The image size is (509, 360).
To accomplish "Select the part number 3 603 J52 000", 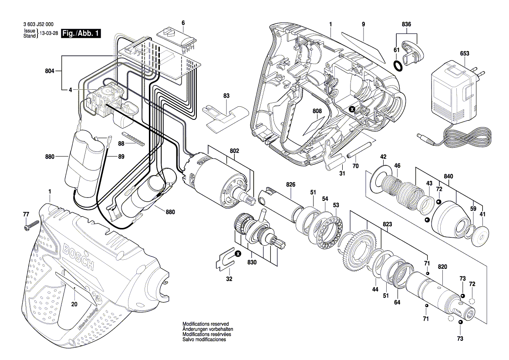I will coord(37,25).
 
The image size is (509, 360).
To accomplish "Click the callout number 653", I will coord(465,53).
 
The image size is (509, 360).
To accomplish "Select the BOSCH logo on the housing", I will coord(78,257).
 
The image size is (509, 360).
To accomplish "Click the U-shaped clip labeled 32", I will coord(225,258).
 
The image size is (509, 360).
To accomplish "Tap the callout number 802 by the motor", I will coord(235,150).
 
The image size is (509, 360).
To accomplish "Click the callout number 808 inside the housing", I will coord(317,111).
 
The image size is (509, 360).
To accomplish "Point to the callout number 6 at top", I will coord(183,22).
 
